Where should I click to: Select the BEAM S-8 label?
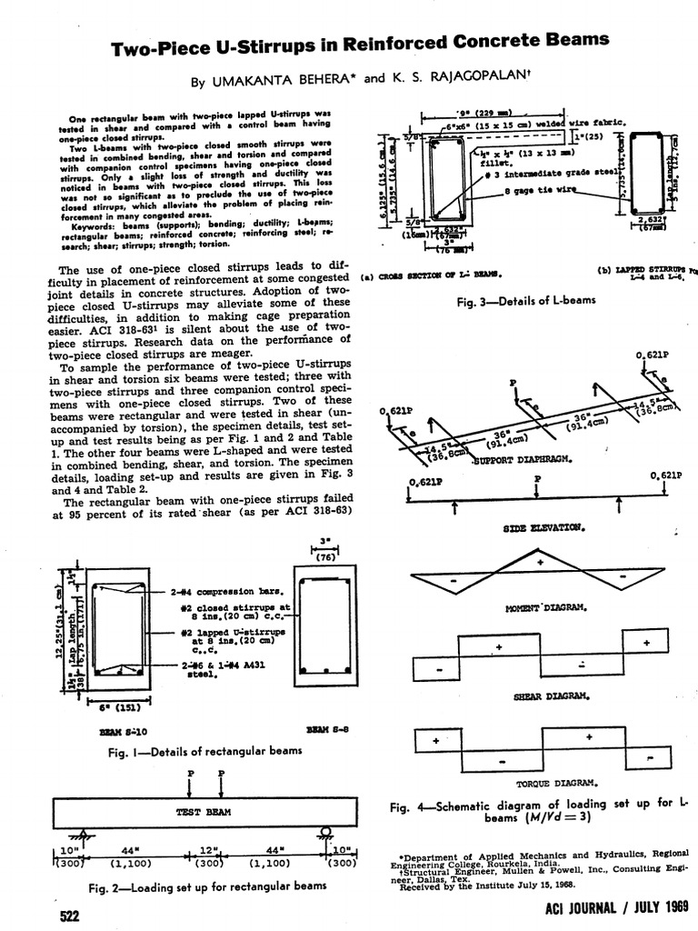325,729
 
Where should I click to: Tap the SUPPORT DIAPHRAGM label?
523,460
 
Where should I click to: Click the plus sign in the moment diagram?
540,562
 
